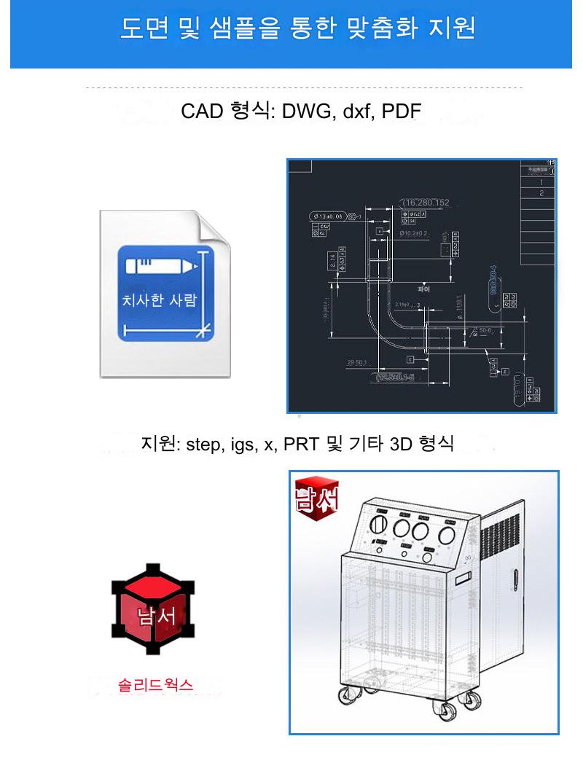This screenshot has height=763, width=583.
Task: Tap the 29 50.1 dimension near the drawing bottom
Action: click(x=359, y=362)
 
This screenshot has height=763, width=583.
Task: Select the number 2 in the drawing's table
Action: click(x=541, y=193)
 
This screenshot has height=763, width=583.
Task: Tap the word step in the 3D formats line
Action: click(x=202, y=444)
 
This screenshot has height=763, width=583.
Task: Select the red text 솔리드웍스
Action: click(x=155, y=685)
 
